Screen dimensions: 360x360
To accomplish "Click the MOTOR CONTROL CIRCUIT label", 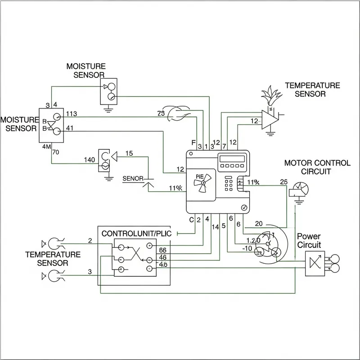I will [317, 167].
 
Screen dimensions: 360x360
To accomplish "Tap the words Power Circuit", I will [309, 240].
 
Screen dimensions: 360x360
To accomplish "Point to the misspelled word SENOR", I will [132, 179].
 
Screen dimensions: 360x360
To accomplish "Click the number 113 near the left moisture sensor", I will [72, 113].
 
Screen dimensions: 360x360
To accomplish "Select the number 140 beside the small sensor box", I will [90, 160].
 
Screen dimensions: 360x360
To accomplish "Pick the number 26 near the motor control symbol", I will [283, 182].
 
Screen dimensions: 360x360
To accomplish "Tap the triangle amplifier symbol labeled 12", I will [270, 120].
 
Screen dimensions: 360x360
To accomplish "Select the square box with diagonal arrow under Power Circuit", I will [315, 263].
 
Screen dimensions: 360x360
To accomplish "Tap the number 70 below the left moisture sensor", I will [56, 152].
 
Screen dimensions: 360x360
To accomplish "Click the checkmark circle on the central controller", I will [244, 207].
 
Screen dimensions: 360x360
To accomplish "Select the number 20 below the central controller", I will [259, 224].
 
